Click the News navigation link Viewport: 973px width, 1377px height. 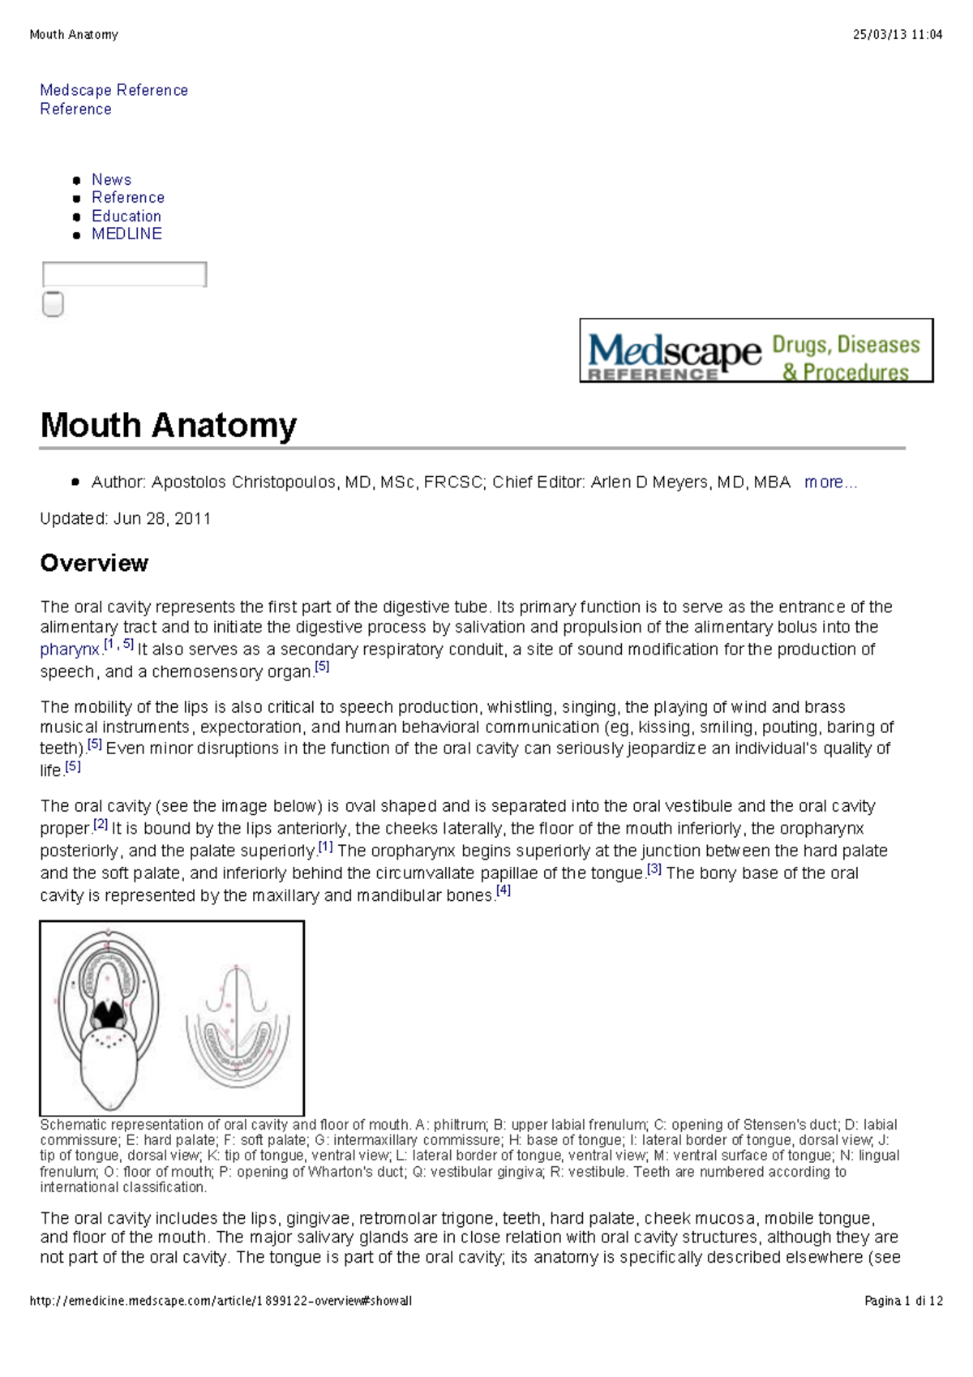coord(111,179)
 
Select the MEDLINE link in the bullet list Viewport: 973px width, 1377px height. coord(126,234)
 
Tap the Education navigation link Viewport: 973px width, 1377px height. coord(126,216)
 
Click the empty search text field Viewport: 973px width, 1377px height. coord(124,274)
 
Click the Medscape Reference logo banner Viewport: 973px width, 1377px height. coord(756,350)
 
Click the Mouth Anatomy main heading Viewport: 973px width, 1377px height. coord(169,425)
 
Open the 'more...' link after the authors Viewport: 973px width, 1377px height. coord(829,483)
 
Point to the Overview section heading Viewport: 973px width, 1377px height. coord(94,563)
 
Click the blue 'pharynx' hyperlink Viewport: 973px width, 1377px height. coord(70,650)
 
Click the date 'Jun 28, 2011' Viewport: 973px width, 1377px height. coord(162,519)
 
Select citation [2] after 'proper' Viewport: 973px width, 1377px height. coord(101,825)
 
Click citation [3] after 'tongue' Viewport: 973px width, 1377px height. coord(654,869)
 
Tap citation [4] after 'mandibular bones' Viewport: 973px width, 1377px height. coord(504,891)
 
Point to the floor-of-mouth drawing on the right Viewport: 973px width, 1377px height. coord(237,1026)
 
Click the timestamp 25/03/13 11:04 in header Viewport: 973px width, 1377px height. coord(898,35)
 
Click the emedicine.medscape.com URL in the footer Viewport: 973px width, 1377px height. coord(221,1301)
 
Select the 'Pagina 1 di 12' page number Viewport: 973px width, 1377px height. coord(903,1301)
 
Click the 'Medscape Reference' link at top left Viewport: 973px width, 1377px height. coord(114,90)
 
